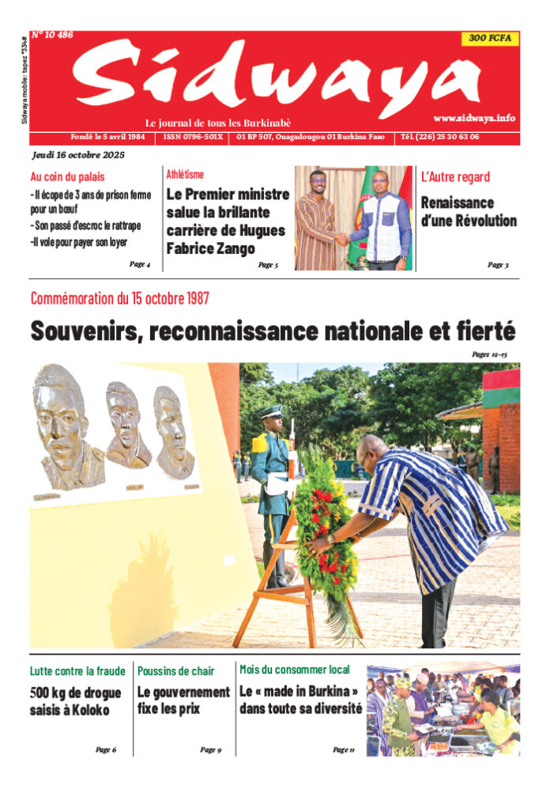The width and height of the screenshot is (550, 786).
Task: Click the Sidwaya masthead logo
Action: pos(277,77)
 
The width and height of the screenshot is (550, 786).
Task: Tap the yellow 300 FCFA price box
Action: pos(490,38)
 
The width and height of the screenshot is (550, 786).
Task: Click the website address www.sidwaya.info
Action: pos(474,118)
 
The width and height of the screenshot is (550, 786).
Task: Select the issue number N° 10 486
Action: pos(52,36)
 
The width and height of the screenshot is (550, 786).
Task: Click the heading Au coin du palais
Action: pos(67,177)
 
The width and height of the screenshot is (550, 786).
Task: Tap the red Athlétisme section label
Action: pos(185,174)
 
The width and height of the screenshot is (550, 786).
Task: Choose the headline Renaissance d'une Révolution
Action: pos(468,211)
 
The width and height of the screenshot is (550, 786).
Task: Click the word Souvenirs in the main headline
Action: pos(83,330)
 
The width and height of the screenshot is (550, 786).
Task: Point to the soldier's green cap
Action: pos(273,412)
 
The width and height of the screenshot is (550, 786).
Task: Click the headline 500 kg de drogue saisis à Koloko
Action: pos(76,701)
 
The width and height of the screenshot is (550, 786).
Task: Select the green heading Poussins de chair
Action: pos(175,671)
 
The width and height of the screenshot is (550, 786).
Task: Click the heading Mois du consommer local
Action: pos(295,670)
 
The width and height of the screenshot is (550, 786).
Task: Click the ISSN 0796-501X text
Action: pos(193,137)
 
